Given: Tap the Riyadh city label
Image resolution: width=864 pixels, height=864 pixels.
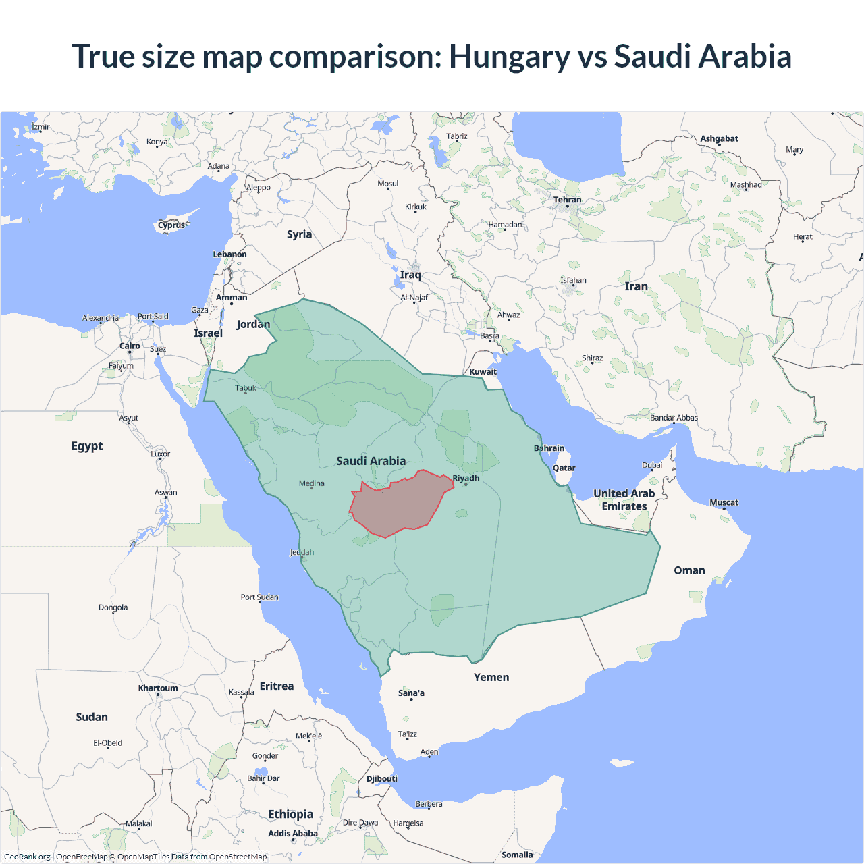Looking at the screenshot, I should (466, 478).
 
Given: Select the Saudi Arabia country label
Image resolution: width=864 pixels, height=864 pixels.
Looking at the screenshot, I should (371, 461).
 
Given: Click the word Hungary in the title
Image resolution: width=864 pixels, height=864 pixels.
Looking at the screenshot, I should (510, 56).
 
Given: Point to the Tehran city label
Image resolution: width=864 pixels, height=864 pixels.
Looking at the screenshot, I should (567, 200).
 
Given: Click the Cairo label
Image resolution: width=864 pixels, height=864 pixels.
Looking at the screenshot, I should (130, 346).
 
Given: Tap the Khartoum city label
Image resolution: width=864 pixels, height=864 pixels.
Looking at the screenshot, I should (158, 688).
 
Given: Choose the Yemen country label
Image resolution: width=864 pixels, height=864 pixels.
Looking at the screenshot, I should (491, 677).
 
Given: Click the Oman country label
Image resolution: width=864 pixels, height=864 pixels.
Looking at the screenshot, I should (689, 570).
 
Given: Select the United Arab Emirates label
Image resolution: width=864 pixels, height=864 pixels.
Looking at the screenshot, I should (624, 500).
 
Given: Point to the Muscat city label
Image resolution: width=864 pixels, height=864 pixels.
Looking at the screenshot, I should (724, 502).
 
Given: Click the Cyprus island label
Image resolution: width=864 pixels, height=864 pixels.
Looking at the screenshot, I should (171, 225).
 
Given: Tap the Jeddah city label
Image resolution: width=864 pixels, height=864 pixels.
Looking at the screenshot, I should (302, 552).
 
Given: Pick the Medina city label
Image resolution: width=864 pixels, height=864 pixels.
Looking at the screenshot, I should (311, 483).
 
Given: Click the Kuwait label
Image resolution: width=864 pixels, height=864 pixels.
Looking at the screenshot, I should (483, 371).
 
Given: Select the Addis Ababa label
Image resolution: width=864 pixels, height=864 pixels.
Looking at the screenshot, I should (292, 833).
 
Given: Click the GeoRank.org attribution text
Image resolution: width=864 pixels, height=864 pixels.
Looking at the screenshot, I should (27, 857).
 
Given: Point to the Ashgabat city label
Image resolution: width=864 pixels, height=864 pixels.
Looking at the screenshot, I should (719, 138).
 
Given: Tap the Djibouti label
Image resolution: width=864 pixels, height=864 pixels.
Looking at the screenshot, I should (382, 778).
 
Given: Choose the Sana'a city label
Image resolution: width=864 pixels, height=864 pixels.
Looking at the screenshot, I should (411, 693).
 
